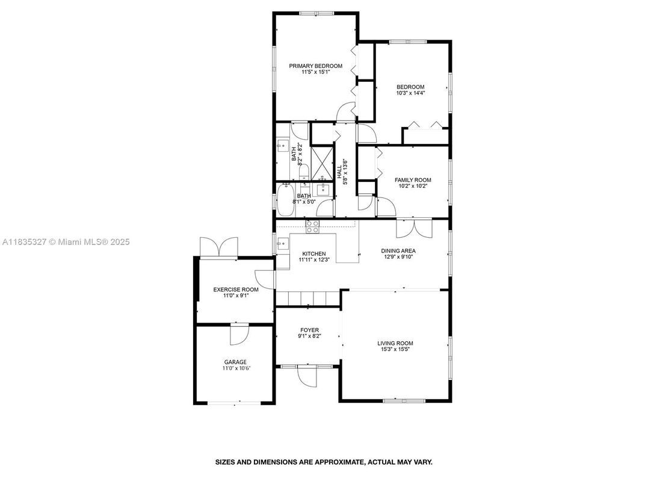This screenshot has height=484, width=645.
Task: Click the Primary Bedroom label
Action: point(315,66)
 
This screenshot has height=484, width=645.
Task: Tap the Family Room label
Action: point(413,180)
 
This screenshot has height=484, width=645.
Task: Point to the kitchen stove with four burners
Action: point(312,226)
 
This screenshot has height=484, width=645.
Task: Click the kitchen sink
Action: point(282,244)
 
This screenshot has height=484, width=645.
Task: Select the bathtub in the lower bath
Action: point(285,200)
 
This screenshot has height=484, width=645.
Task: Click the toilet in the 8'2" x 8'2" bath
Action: point(304,172)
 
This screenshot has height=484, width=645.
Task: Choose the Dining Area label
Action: point(398,250)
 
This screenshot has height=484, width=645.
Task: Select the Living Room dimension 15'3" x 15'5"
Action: point(395,350)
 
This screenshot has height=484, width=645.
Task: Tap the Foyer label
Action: point(309,330)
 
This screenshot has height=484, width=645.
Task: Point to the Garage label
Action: point(235,362)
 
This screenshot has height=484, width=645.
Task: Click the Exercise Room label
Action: point(236,290)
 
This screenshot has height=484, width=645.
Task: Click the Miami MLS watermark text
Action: point(66,242)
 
